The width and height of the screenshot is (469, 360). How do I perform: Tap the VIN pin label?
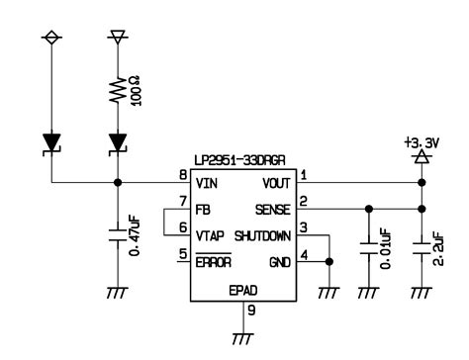coord(207,183)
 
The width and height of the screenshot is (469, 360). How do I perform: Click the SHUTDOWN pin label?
coord(262,235)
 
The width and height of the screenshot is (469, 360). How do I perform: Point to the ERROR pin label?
coord(213,262)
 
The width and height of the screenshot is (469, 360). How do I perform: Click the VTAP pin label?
coord(211,235)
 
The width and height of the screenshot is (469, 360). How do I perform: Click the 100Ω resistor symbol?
coord(119,91)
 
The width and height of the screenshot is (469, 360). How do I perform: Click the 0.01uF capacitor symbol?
coord(368,240)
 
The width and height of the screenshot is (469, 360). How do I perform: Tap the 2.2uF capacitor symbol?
coord(422,240)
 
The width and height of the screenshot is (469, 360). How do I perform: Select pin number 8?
coord(183,176)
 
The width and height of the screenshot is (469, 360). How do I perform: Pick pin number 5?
coord(183,255)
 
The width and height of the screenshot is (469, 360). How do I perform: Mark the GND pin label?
coord(279,262)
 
